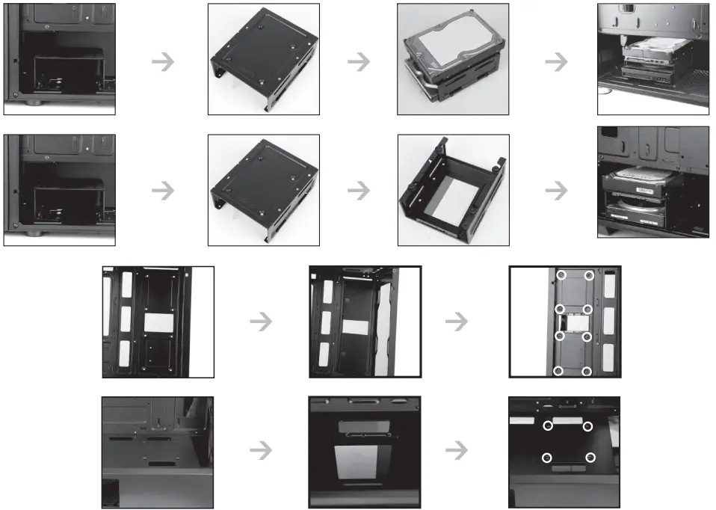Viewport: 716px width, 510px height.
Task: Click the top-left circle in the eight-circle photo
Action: (x=559, y=276)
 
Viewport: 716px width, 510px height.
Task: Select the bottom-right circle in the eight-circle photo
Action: (x=587, y=371)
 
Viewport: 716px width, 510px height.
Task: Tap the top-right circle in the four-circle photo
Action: (x=587, y=426)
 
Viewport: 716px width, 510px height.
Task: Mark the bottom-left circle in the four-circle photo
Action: (x=547, y=458)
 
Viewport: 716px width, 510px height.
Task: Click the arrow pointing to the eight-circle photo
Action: (x=456, y=322)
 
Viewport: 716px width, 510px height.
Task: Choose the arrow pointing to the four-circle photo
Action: (x=456, y=450)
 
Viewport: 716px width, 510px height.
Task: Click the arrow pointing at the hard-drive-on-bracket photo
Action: (x=359, y=62)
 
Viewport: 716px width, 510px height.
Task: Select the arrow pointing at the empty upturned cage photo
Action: (x=359, y=191)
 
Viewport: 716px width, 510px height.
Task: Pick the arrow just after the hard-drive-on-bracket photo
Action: (x=555, y=62)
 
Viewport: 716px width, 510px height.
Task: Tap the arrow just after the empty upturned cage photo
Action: (x=555, y=191)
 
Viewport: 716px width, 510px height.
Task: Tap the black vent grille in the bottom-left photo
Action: (x=110, y=494)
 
